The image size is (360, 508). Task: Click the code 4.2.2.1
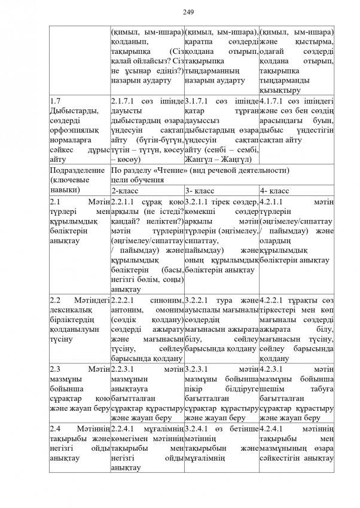[x=273, y=297]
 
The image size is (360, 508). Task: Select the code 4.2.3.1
[x=273, y=369]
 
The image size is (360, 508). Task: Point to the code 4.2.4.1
[x=273, y=430]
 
